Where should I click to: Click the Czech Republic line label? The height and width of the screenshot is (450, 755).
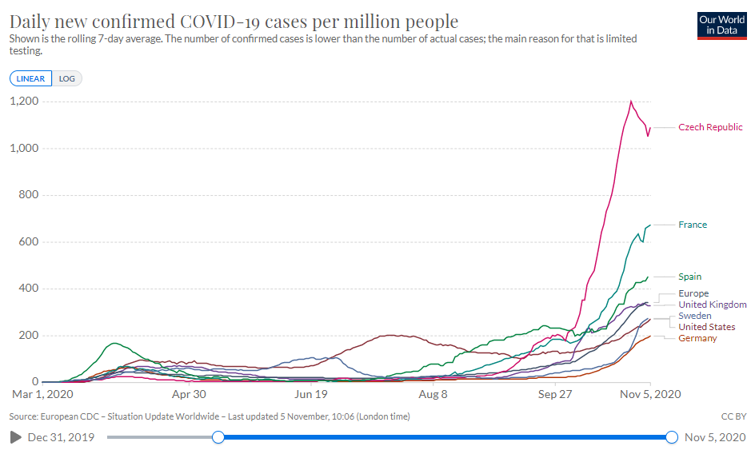(710, 127)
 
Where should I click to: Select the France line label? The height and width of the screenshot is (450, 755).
(693, 225)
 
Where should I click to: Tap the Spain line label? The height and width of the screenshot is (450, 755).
(690, 277)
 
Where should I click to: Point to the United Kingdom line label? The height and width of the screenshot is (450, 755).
(713, 305)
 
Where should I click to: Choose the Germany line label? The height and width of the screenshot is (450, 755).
(697, 338)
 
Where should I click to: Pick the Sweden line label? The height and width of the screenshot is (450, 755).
(695, 316)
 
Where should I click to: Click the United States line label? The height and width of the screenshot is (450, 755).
(707, 327)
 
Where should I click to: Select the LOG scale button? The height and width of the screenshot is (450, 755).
(67, 78)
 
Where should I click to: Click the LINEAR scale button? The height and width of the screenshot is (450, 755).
(31, 78)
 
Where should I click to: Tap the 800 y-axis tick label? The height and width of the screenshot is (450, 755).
(30, 195)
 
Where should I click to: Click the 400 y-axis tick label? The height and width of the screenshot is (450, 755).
(30, 289)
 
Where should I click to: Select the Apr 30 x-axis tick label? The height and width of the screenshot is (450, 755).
(190, 394)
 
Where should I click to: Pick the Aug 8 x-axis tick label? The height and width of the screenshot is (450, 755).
(433, 394)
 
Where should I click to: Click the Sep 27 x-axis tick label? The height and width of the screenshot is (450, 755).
(554, 394)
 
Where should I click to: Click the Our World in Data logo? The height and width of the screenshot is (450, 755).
(722, 25)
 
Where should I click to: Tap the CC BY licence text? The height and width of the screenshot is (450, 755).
(734, 416)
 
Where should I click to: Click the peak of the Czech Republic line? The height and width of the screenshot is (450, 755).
(631, 101)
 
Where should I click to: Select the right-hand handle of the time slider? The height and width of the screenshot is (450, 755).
(672, 437)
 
